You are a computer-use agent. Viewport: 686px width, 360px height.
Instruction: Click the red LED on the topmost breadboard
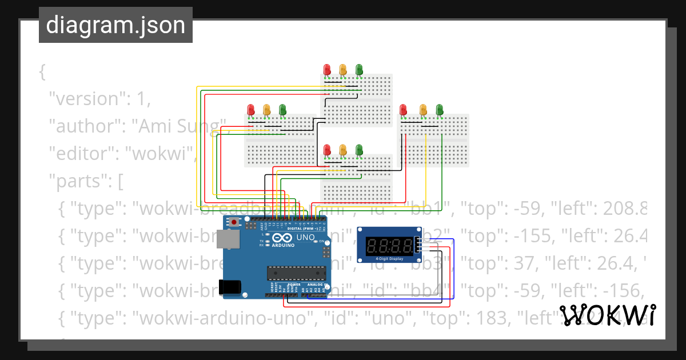(x=327, y=70)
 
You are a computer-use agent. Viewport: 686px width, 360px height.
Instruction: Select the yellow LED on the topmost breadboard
(x=343, y=70)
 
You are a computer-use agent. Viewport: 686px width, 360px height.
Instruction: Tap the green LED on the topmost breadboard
(x=359, y=70)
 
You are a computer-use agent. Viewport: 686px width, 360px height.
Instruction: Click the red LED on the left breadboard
(x=250, y=109)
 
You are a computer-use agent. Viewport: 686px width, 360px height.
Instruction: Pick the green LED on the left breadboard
(x=282, y=109)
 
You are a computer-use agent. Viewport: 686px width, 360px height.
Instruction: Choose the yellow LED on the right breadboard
(x=423, y=109)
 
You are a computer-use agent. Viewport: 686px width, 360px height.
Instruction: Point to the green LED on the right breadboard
(x=440, y=109)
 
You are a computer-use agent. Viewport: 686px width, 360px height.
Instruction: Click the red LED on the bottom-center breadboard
(x=327, y=150)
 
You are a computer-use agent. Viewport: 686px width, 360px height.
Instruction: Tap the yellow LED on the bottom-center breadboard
(x=343, y=150)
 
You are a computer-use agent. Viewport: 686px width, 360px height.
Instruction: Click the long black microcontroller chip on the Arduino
(x=296, y=274)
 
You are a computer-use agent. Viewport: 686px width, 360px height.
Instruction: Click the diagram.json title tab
(x=115, y=25)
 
